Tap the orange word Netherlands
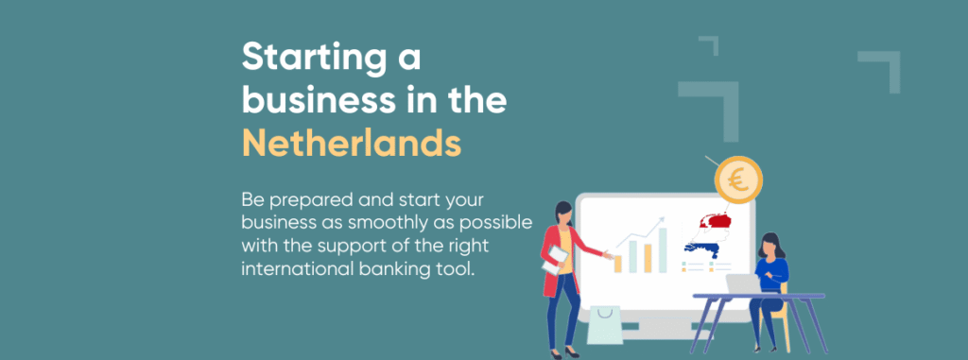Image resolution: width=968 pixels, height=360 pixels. coord(352,143)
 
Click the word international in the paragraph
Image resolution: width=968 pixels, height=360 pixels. coord(296,269)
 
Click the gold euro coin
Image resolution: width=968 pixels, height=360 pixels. coord(738,180)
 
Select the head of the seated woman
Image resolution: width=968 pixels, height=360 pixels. coord(769,244)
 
